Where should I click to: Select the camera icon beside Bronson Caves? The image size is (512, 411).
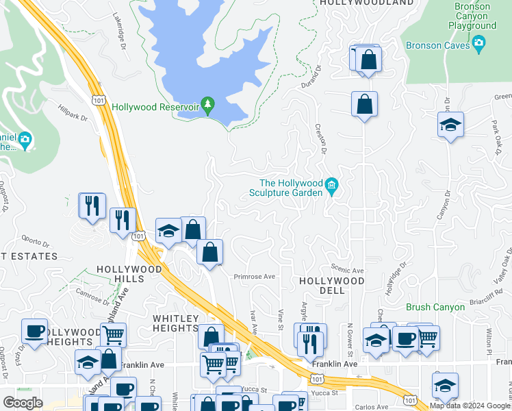coord(479,45)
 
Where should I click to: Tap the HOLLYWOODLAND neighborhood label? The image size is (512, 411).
coord(366,3)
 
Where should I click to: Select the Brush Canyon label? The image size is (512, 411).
coord(435,307)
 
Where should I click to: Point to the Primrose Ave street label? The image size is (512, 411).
coord(254,277)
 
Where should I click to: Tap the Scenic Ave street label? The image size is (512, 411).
coord(347,271)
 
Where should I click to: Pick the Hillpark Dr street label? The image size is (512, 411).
coord(73,113)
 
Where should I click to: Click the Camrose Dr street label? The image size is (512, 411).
coord(92,295)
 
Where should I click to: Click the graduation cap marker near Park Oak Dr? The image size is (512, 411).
coord(450,125)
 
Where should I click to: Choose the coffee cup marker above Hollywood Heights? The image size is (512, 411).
coord(34,331)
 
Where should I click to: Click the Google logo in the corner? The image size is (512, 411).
coord(23,403)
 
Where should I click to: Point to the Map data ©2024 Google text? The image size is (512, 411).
coord(470,406)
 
